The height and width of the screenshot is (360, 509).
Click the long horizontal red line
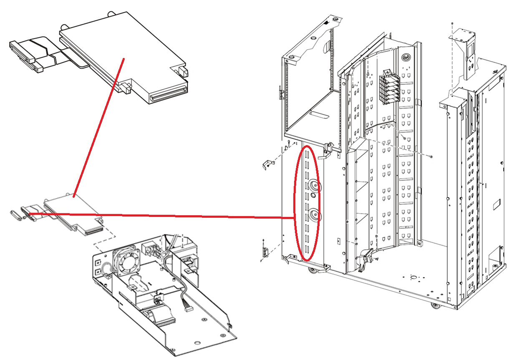(x=167, y=216)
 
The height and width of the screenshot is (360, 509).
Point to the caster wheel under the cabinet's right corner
(x=435, y=306)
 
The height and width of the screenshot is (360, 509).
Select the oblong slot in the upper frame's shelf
(x=320, y=113)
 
